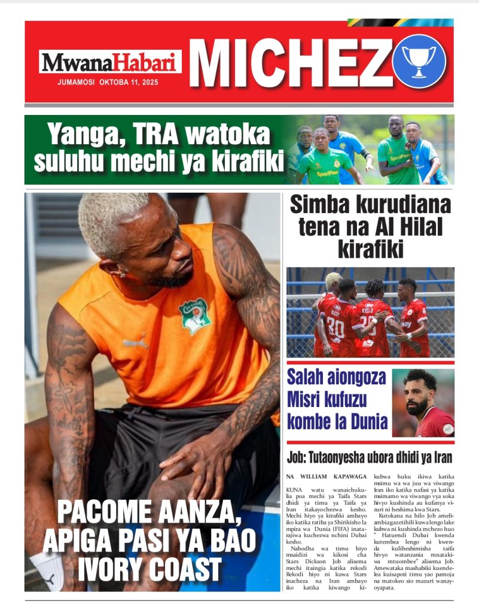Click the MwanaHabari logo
(x=110, y=62)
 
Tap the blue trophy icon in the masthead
(x=419, y=61)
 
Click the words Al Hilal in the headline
(x=410, y=227)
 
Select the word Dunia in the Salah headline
(x=364, y=421)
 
